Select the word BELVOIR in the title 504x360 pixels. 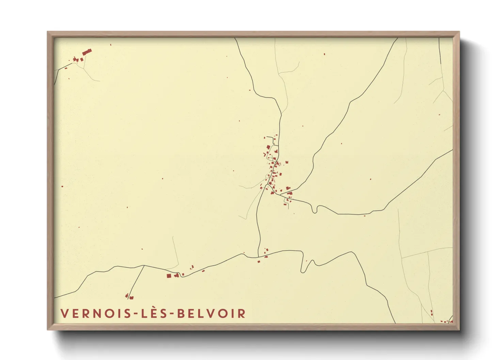pos(211,313)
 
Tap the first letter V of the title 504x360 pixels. pos(64,313)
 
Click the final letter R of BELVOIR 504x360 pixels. pos(241,313)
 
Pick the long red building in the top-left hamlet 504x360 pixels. pos(87,52)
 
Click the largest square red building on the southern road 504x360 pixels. pos(169,276)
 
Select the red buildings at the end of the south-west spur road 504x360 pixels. pos(129,297)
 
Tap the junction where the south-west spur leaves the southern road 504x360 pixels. pos(144,265)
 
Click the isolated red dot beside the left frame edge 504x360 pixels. pos(62,186)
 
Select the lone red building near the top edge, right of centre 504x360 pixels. pos(324,54)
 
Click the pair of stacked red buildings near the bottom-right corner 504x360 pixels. pos(431,312)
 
